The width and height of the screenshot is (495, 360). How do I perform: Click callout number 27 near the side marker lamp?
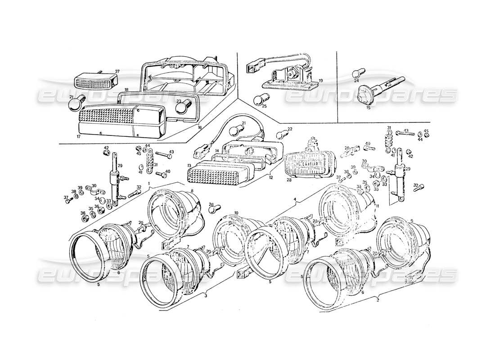117,72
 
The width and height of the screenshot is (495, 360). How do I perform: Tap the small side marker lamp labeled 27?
94,81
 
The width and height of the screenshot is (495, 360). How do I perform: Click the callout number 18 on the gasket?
126,90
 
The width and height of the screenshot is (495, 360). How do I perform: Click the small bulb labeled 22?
281,133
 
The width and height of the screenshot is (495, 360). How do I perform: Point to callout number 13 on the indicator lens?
190,166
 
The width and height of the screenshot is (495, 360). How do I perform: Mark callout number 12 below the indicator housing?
270,177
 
